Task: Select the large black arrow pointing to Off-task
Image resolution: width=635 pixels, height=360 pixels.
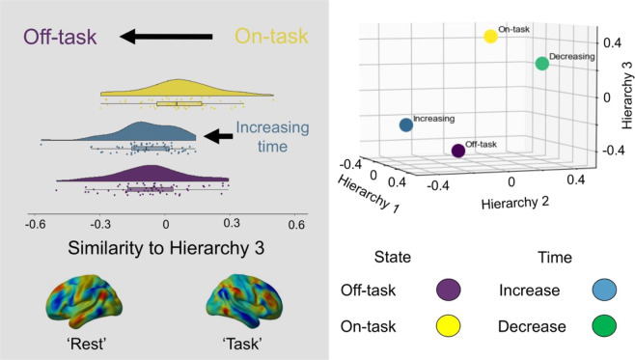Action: pyautogui.click(x=164, y=38)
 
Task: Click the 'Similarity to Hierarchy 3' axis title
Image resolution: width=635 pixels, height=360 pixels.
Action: pyautogui.click(x=166, y=248)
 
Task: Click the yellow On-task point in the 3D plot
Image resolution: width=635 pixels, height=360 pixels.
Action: pyautogui.click(x=490, y=37)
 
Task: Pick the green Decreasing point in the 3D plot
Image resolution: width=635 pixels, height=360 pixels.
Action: pyautogui.click(x=541, y=64)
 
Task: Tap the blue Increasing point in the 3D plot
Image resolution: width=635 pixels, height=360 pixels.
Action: pyautogui.click(x=406, y=125)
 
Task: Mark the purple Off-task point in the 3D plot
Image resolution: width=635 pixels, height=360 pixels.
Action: pyautogui.click(x=457, y=152)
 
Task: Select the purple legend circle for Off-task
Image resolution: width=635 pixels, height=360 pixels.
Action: pyautogui.click(x=448, y=289)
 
